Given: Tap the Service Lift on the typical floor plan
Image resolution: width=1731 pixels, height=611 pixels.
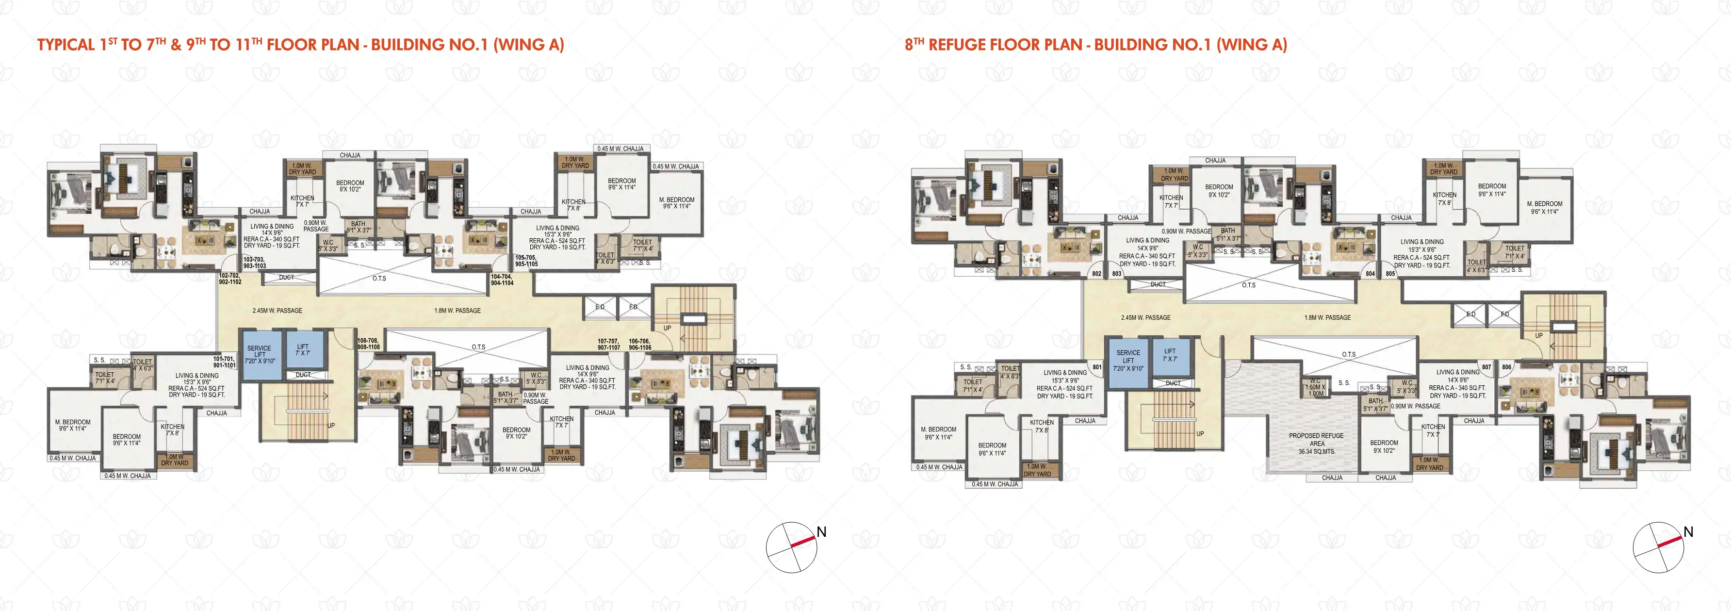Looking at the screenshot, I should pos(260,354).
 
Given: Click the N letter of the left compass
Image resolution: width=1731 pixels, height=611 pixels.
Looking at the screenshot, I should pos(821,532).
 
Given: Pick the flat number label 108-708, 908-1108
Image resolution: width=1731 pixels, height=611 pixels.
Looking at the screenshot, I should pos(368,344).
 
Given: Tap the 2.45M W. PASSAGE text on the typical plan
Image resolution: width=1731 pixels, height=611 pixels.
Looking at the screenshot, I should pos(277,311).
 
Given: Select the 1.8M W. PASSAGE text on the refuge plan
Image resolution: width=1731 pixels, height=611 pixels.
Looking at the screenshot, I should pos(1327,317).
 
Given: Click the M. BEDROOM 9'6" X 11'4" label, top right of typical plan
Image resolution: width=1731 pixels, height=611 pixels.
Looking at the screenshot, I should pos(676,203).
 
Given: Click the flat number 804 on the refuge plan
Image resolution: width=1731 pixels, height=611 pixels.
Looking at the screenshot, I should pos(1370,274).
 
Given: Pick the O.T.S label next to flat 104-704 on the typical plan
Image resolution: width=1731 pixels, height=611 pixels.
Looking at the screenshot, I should pos(379,278).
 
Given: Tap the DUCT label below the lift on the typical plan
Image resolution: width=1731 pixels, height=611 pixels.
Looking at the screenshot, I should pos(303,374).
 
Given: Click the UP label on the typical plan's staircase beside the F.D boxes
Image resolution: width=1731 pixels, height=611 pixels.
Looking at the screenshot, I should pos(667,328).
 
